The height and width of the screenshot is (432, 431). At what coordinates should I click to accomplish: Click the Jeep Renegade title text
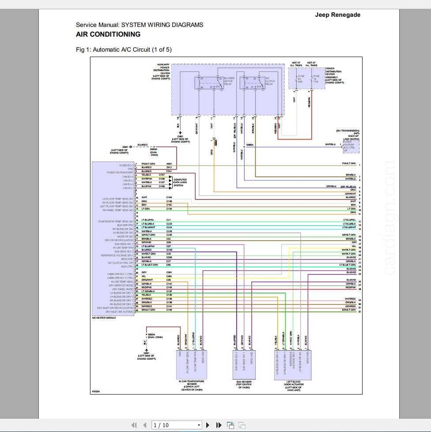[x=337, y=15]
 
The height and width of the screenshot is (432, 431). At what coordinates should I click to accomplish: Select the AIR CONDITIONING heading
[x=108, y=34]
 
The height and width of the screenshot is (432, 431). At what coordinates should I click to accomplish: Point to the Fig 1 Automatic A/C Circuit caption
[x=124, y=49]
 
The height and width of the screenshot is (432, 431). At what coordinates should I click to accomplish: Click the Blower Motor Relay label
[x=229, y=81]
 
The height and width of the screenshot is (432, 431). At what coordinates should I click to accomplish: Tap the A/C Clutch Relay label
[x=269, y=81]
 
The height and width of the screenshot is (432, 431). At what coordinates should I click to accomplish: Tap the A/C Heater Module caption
[x=104, y=317]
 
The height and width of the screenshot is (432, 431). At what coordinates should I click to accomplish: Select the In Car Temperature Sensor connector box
[x=191, y=364]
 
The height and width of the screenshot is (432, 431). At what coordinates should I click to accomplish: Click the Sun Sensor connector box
[x=244, y=364]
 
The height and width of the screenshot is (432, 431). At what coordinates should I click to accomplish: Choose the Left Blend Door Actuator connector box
[x=293, y=364]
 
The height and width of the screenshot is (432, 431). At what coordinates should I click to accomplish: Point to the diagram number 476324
[x=95, y=391]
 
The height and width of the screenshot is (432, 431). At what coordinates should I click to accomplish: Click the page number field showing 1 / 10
[x=176, y=425]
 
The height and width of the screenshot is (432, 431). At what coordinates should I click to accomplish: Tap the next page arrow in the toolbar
[x=208, y=425]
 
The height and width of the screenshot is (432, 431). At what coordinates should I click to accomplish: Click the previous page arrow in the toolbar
[x=144, y=425]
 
